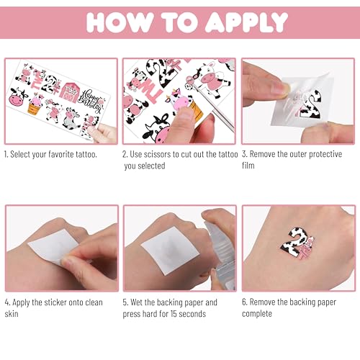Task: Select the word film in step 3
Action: pyautogui.click(x=253, y=166)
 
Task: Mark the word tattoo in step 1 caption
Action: pyautogui.click(x=97, y=154)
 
